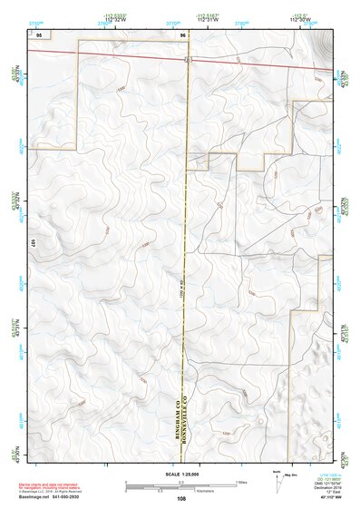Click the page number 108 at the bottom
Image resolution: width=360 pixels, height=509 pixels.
tap(183, 499)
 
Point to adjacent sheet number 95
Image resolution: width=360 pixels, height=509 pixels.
tap(38, 34)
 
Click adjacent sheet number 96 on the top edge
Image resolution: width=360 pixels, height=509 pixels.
tap(183, 34)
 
